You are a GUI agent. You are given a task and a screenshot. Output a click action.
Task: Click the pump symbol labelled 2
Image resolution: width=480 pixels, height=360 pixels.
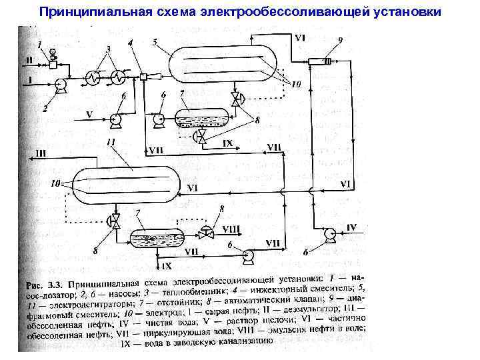(x=58, y=85)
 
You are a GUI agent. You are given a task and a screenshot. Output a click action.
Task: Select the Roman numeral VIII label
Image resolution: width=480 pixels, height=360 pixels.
(x=230, y=228)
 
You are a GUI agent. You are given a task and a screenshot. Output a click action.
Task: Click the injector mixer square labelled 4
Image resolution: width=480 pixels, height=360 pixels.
(x=143, y=77)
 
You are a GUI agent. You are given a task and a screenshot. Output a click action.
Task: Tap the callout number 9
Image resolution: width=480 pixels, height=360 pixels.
(x=340, y=40)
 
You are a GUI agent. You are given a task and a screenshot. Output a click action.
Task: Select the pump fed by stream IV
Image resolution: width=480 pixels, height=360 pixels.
(x=326, y=233)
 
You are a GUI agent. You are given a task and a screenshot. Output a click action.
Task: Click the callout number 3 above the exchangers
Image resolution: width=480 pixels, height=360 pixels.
(x=108, y=50)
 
